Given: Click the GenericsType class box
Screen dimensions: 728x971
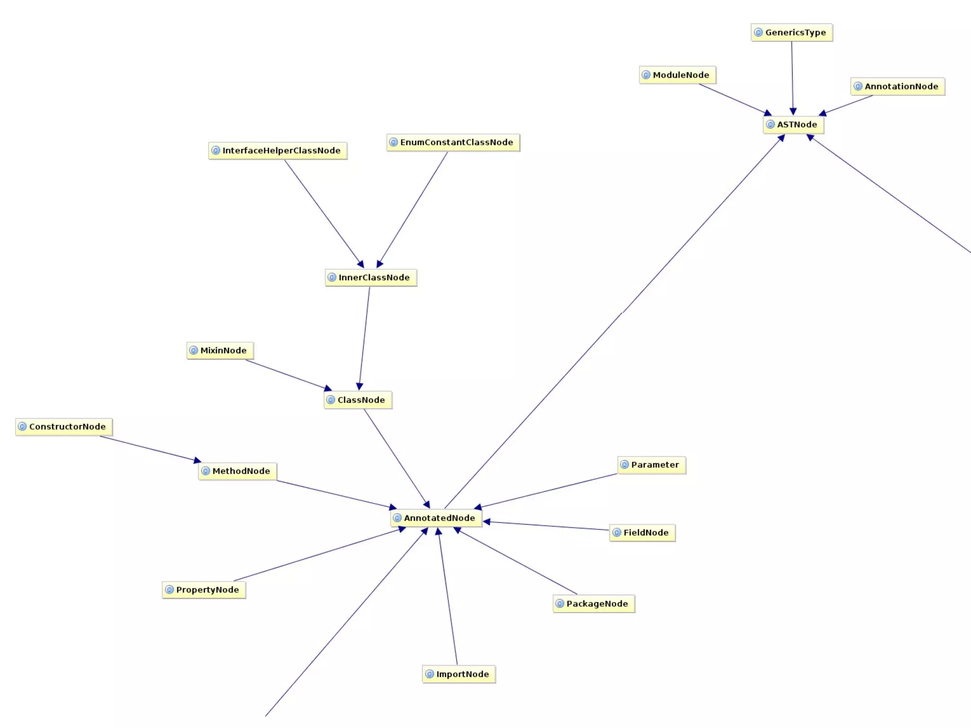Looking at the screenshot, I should click(x=792, y=33).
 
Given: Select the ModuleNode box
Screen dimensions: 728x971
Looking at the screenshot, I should click(x=678, y=75).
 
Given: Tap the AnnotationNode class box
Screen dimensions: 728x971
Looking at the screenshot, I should click(x=898, y=87).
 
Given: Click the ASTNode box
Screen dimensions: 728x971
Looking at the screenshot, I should click(x=793, y=125).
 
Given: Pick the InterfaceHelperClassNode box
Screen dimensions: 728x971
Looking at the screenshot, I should click(x=278, y=151).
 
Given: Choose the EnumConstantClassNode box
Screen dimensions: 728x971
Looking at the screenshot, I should click(x=453, y=143).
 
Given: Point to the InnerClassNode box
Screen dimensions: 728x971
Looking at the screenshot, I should click(x=371, y=278).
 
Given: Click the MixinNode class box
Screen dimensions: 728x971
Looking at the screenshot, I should click(x=220, y=351).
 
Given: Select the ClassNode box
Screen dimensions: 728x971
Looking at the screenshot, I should click(x=358, y=400).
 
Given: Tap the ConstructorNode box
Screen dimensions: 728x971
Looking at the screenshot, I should click(x=64, y=427).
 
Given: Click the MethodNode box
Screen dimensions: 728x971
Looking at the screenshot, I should click(x=238, y=471).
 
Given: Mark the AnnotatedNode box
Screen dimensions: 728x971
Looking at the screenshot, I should click(x=436, y=518).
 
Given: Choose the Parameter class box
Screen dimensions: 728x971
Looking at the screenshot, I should click(x=651, y=465).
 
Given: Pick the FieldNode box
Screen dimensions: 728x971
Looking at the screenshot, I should click(x=642, y=533).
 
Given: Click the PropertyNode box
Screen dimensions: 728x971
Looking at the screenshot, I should click(x=204, y=590).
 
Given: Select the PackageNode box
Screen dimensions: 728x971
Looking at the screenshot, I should click(x=594, y=604).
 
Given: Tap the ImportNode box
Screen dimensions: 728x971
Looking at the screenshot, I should click(x=459, y=674).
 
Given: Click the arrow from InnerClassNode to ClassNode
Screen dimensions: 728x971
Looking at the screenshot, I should click(x=365, y=338).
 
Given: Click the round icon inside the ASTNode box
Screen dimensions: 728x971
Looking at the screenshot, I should click(x=771, y=125).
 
